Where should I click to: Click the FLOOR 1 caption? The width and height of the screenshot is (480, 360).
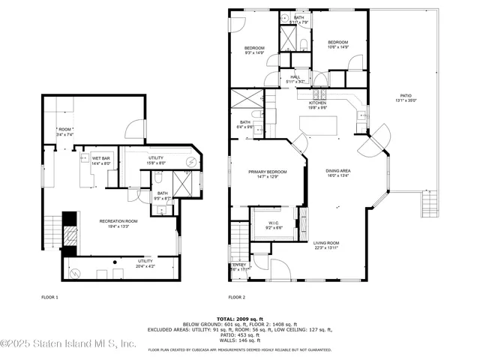click(x=50, y=297)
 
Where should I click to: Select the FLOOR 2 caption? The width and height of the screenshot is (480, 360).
click(x=238, y=297)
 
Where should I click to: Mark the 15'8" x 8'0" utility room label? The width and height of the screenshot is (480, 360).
click(x=156, y=160)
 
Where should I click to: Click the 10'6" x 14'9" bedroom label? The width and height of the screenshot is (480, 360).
click(x=337, y=44)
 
